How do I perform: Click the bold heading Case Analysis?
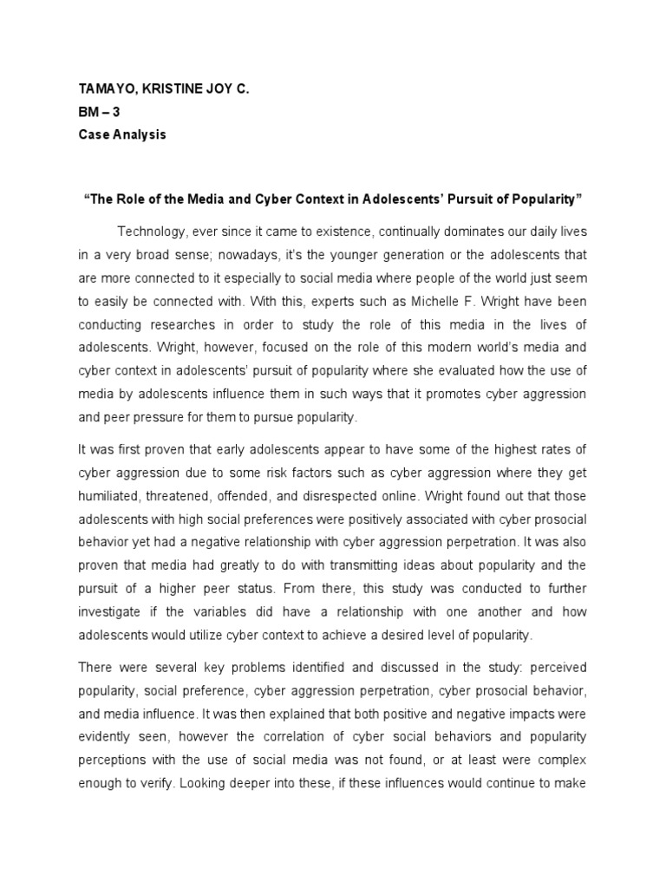click(x=121, y=134)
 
